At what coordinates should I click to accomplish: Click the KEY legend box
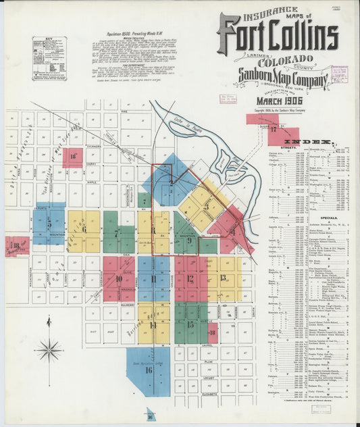[x=49, y=59]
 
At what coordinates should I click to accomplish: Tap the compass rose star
[x=49, y=350]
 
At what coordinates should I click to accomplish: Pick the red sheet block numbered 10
[x=119, y=278]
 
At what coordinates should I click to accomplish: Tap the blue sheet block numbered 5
[x=49, y=224]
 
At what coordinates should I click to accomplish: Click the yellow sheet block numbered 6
[x=84, y=230]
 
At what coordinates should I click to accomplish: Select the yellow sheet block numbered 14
[x=153, y=324]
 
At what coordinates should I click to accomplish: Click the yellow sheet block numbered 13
[x=223, y=277]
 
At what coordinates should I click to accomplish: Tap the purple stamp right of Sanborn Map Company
[x=339, y=73]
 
